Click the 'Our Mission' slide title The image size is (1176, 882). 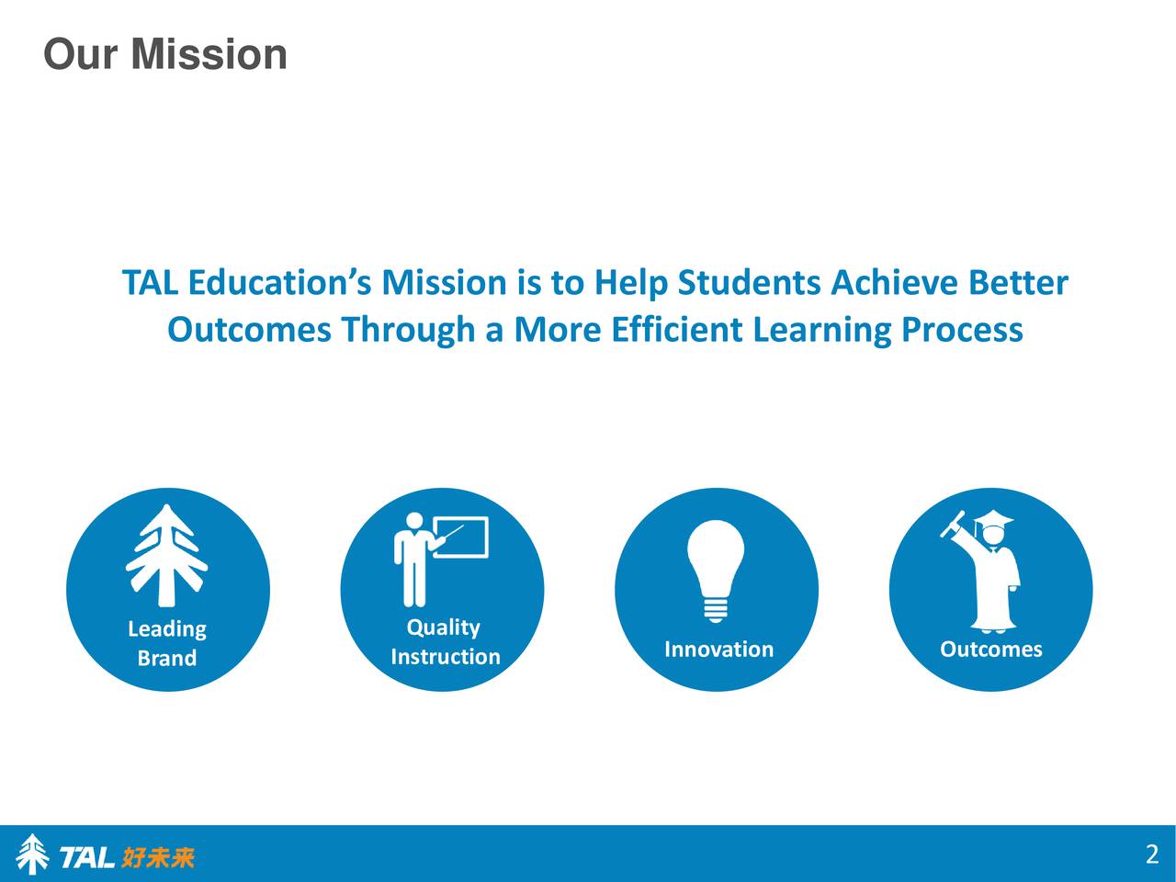165,54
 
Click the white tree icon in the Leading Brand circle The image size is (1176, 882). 166,555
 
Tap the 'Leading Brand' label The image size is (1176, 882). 166,643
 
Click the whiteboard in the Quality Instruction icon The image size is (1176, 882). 468,537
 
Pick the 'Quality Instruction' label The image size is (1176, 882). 445,641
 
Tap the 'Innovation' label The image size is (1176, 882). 718,650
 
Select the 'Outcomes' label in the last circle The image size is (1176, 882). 990,650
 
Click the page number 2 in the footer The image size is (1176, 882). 1151,854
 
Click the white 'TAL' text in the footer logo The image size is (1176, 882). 86,858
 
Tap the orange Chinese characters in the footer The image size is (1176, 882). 158,858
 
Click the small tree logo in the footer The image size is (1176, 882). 33,854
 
